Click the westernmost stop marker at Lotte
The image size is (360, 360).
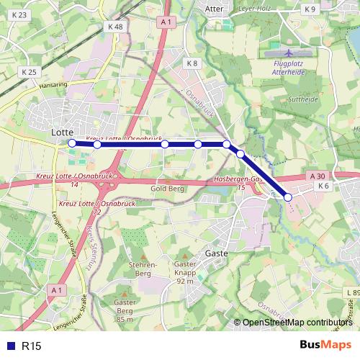[72, 143]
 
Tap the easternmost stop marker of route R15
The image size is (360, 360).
[288, 197]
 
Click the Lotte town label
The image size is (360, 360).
[63, 133]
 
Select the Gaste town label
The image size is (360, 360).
[217, 253]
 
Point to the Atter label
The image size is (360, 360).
[214, 9]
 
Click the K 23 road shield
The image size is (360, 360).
[20, 15]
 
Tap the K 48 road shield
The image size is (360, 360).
[114, 27]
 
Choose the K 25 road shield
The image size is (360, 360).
[29, 72]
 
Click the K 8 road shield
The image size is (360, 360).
[192, 64]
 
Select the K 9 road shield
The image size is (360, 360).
[310, 9]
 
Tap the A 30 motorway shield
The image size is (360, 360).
[318, 176]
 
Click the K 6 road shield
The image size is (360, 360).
[323, 186]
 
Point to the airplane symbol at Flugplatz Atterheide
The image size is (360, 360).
[289, 53]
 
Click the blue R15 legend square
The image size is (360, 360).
[9, 346]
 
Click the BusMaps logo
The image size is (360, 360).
[325, 346]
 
